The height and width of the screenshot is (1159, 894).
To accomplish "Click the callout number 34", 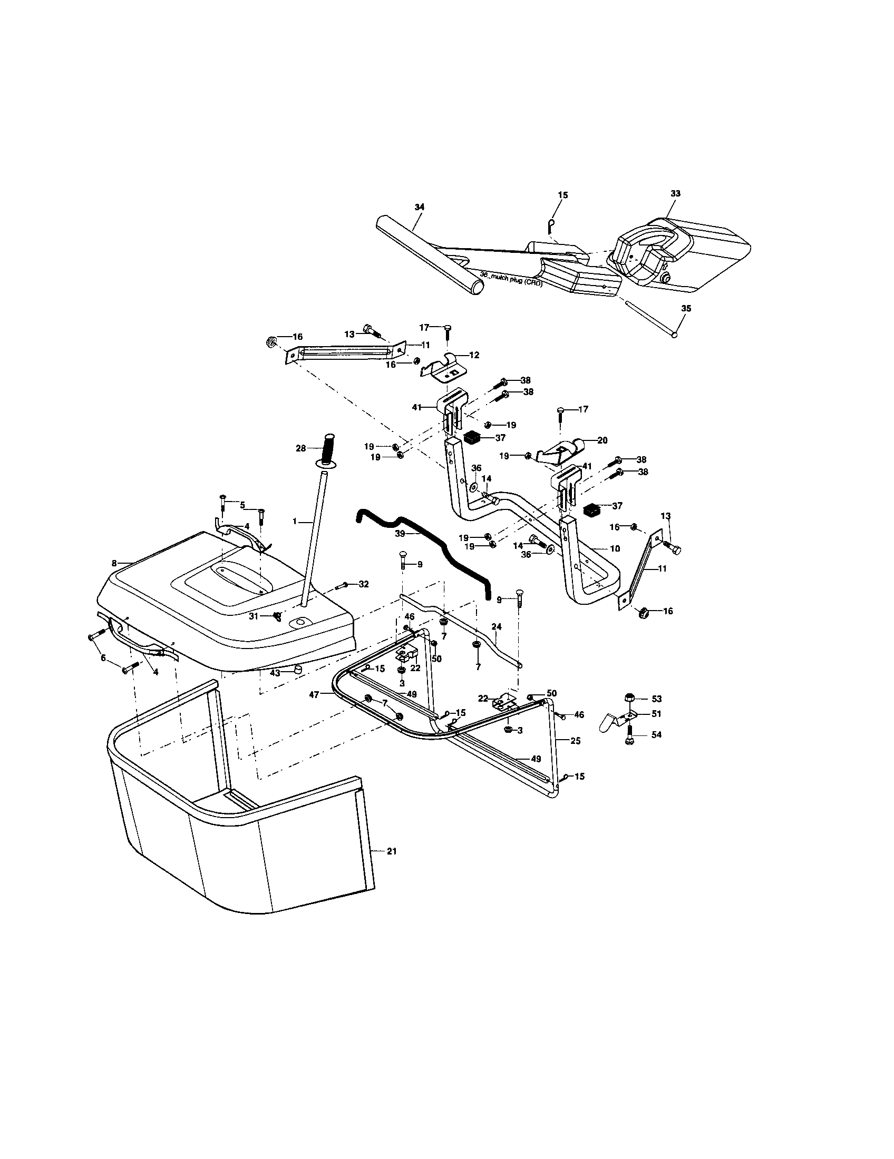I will (420, 207).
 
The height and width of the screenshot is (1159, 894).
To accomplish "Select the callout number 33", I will (675, 194).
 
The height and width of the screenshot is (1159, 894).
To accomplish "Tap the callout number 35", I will (686, 308).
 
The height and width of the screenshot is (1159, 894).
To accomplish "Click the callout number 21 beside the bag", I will (392, 851).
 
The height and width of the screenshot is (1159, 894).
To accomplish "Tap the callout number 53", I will (657, 699).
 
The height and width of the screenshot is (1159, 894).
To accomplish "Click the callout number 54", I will (657, 735).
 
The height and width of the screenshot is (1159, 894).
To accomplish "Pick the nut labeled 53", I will (629, 697).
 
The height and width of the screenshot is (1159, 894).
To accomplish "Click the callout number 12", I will (474, 355).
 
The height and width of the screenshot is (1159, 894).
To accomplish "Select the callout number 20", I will (603, 440).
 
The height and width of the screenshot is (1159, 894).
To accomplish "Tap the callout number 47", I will (315, 694).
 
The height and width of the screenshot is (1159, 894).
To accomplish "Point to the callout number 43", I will (275, 673).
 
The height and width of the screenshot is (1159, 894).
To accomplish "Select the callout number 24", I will (496, 627).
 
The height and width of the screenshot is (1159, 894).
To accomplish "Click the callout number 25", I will (576, 740).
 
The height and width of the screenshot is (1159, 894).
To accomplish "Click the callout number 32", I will (364, 584).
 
